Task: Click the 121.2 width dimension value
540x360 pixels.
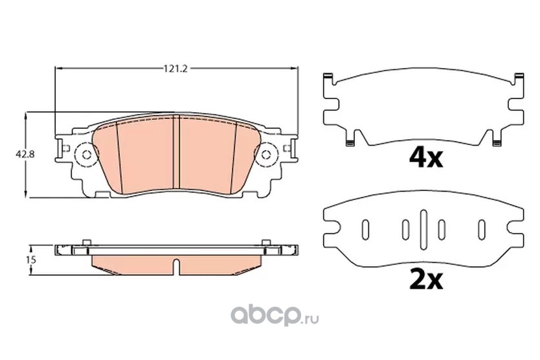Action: (x=175, y=69)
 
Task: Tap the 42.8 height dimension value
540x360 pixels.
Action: (x=25, y=154)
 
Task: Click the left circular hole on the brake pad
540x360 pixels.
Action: (x=87, y=155)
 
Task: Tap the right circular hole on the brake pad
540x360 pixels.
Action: (x=265, y=155)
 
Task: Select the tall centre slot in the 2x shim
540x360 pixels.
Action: (x=423, y=229)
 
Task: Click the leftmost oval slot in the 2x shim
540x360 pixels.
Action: (x=365, y=229)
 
